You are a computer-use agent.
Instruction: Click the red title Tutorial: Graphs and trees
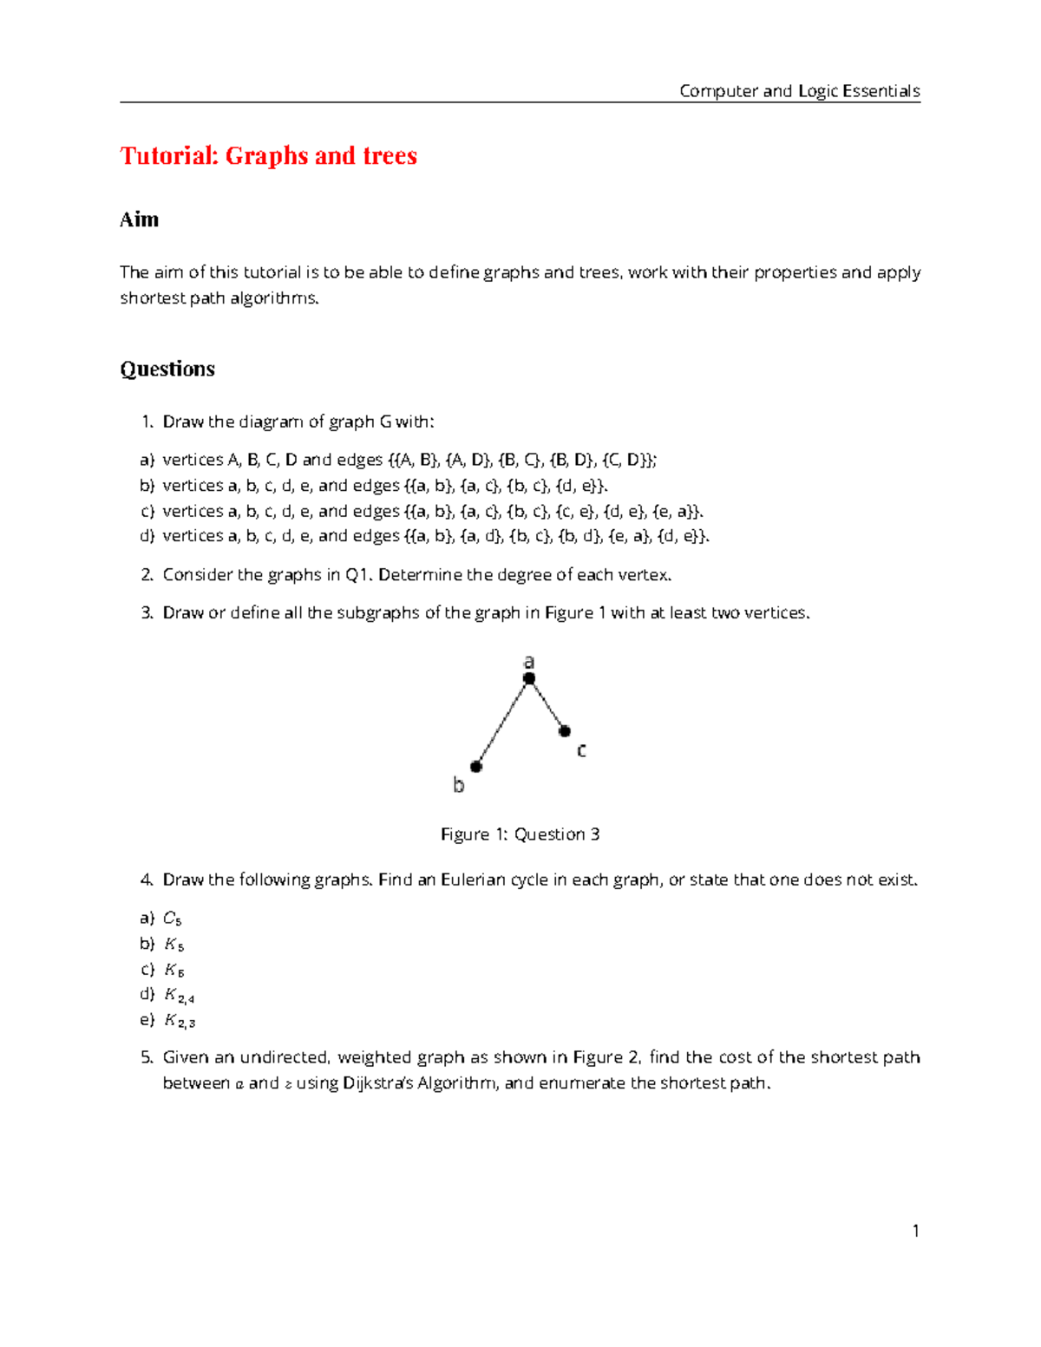[x=268, y=155]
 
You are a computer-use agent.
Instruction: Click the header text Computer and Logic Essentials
[x=799, y=91]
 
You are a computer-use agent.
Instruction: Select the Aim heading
[x=139, y=219]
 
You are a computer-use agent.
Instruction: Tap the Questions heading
[x=167, y=369]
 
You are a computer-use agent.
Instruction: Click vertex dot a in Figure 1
[x=529, y=678]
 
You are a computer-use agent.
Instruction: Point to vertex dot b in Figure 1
[x=476, y=766]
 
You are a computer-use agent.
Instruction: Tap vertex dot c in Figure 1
[x=565, y=731]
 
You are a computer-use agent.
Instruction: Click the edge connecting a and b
[x=503, y=722]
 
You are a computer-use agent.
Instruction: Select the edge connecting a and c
[x=547, y=704]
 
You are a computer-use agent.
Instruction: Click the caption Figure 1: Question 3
[x=520, y=834]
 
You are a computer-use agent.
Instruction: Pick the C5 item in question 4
[x=172, y=919]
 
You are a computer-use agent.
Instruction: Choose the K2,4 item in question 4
[x=179, y=996]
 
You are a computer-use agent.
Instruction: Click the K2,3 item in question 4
[x=179, y=1021]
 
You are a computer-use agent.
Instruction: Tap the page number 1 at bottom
[x=915, y=1231]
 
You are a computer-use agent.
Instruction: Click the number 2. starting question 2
[x=147, y=574]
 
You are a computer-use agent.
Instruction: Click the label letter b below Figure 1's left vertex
[x=459, y=785]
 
